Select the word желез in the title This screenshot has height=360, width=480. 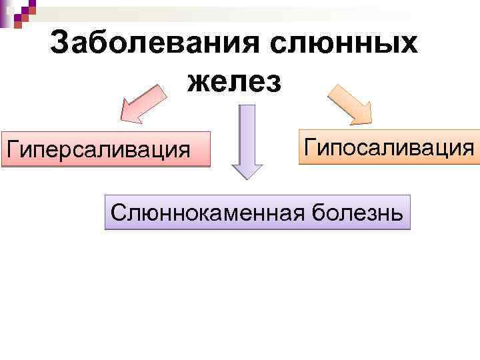coord(235,81)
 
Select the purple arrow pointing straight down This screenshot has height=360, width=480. coord(247,140)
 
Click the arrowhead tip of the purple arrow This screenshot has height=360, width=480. coord(247,177)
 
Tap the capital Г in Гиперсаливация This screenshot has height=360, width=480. coord(11,148)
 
